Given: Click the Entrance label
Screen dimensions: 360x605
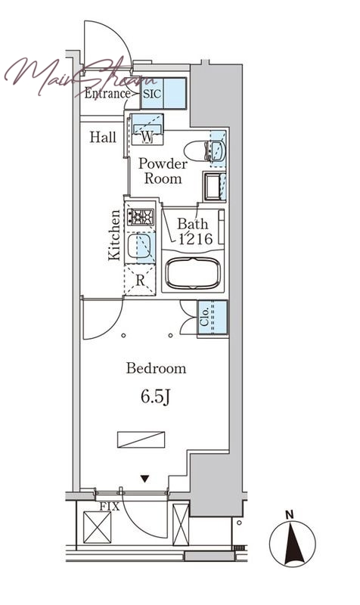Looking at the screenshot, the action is pyautogui.click(x=107, y=93).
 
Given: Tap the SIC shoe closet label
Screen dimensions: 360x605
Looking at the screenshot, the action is pyautogui.click(x=152, y=94).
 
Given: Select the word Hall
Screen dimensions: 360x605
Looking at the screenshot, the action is pyautogui.click(x=103, y=137).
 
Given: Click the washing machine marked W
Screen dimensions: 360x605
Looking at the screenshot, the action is pyautogui.click(x=147, y=129).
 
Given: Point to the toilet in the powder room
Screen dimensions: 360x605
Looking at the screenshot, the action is pyautogui.click(x=203, y=150).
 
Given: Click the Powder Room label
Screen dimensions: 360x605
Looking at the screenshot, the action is pyautogui.click(x=163, y=171).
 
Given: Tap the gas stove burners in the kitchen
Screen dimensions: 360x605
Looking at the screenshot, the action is pyautogui.click(x=141, y=217).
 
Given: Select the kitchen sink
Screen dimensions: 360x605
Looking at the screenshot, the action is pyautogui.click(x=140, y=246).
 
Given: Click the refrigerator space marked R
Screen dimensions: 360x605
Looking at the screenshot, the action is pyautogui.click(x=140, y=280).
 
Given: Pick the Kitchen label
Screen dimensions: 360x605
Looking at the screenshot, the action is pyautogui.click(x=114, y=234).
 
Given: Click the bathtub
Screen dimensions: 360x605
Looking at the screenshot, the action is pyautogui.click(x=193, y=272).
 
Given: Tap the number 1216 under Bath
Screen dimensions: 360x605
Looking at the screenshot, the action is pyautogui.click(x=196, y=239).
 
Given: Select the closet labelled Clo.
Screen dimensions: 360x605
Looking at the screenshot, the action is pyautogui.click(x=213, y=318).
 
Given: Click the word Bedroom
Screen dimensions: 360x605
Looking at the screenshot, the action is pyautogui.click(x=156, y=368).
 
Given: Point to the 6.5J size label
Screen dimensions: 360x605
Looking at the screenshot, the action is pyautogui.click(x=155, y=396).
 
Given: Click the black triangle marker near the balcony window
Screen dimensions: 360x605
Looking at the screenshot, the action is pyautogui.click(x=144, y=479).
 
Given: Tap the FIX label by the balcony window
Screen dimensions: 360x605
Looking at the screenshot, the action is pyautogui.click(x=110, y=506).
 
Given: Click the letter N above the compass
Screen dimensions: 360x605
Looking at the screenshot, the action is pyautogui.click(x=290, y=514).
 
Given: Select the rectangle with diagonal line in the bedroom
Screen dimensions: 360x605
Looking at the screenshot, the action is pyautogui.click(x=141, y=439).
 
